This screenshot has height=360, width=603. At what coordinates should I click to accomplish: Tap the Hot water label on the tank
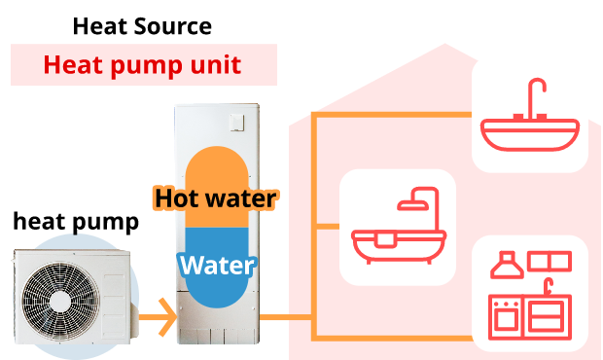click(216, 198)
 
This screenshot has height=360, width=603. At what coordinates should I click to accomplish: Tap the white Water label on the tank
click(217, 265)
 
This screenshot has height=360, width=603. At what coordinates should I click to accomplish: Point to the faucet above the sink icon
click(534, 97)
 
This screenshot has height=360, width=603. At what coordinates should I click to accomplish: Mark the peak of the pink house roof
click(444, 45)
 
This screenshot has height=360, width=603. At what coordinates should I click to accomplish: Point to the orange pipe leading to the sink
click(389, 114)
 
